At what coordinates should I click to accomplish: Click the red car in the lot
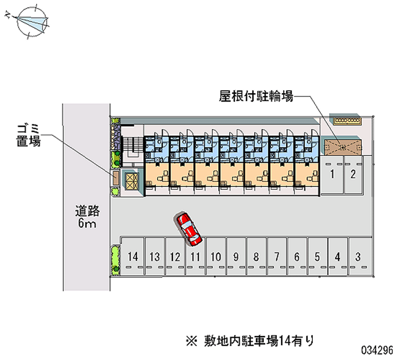click(x=189, y=228)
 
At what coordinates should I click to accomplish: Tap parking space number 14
click(x=132, y=257)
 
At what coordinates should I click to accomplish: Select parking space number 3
click(x=358, y=257)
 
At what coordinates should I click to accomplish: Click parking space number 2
click(x=353, y=174)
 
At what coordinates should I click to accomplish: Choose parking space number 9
click(x=236, y=257)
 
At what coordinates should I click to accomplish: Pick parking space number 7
click(x=277, y=257)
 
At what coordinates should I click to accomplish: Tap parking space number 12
click(x=174, y=257)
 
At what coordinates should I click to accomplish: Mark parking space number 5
click(x=317, y=257)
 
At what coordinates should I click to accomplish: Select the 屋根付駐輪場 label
click(x=256, y=96)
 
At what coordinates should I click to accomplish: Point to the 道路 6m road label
click(x=88, y=217)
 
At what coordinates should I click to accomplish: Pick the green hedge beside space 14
click(x=115, y=258)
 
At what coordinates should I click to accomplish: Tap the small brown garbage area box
click(x=115, y=178)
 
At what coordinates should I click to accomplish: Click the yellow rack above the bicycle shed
click(x=348, y=120)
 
